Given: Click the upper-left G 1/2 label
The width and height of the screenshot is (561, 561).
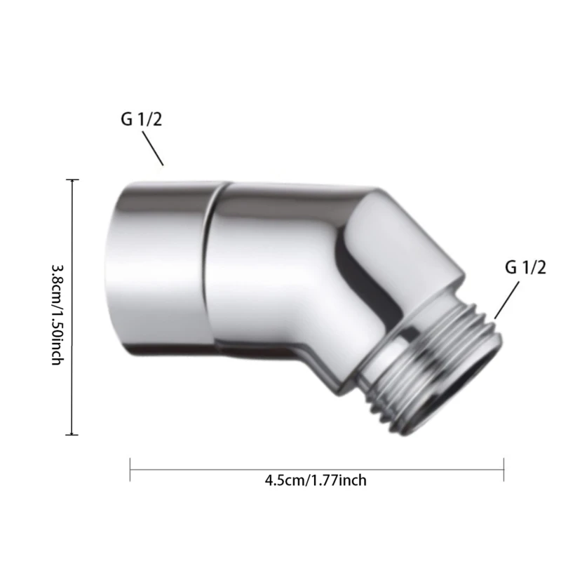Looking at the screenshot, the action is (x=142, y=119).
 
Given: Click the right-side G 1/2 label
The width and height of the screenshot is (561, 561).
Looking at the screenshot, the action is (x=525, y=267).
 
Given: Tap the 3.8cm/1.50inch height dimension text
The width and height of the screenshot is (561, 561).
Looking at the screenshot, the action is (x=58, y=314).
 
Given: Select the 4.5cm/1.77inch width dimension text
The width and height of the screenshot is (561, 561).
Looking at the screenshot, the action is (x=316, y=480).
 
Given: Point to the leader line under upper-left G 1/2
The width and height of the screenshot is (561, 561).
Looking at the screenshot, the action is (x=153, y=149).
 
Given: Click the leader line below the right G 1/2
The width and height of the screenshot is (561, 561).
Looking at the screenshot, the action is (x=507, y=300).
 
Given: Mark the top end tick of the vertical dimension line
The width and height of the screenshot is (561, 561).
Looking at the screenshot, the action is (x=72, y=180).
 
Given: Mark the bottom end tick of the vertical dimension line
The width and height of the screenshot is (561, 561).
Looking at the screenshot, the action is (x=72, y=435).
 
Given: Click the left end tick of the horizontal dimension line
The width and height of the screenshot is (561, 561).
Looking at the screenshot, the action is (x=130, y=469).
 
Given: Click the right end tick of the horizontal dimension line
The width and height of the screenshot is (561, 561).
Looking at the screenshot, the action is (x=503, y=469).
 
